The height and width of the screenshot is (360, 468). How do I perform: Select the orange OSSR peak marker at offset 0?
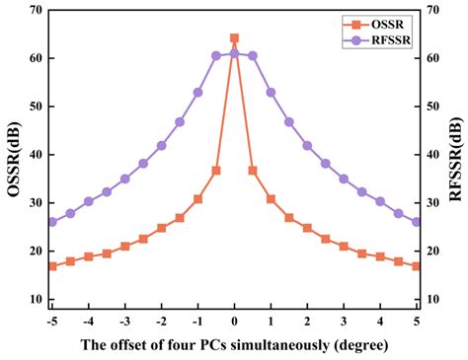tap(234, 38)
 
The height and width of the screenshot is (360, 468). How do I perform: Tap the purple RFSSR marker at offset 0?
tap(234, 53)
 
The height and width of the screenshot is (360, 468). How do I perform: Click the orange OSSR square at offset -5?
tap(52, 266)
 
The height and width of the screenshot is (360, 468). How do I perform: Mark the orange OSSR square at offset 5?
tap(417, 266)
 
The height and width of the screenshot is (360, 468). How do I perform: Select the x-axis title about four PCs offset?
tap(234, 344)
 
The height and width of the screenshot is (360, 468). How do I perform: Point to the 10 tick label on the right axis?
tap(435, 299)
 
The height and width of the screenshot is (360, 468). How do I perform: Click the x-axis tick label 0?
tap(234, 321)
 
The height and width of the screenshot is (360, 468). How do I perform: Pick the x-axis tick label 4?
tap(380, 321)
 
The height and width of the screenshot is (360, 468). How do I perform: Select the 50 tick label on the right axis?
tap(435, 107)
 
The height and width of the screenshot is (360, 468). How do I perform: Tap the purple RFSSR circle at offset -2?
tap(161, 145)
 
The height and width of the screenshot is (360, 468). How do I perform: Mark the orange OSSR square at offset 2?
tap(307, 228)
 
